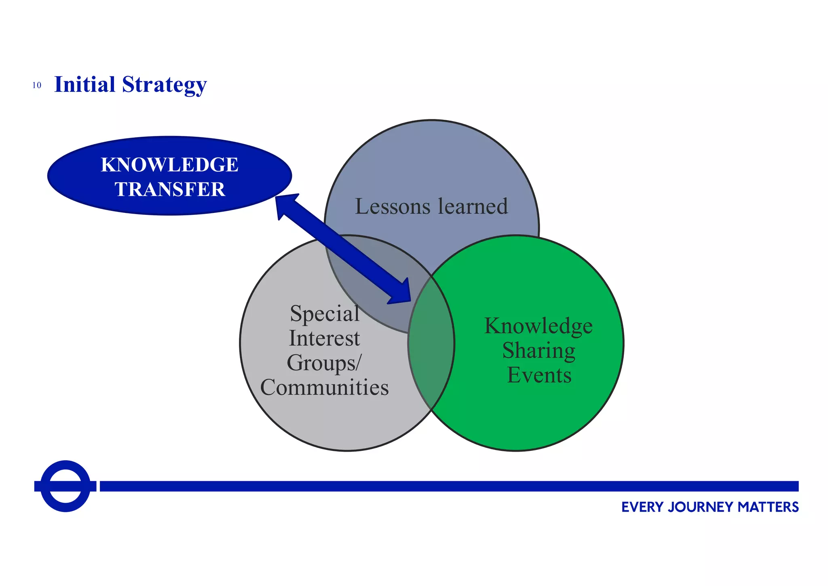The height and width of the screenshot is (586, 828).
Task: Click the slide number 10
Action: click(37, 85)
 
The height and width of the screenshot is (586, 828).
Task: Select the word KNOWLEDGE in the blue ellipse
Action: click(169, 165)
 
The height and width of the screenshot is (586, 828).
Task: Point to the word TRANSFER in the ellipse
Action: click(170, 189)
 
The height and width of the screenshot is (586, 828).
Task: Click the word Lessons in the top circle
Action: click(393, 206)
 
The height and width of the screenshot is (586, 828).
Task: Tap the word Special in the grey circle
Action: click(324, 314)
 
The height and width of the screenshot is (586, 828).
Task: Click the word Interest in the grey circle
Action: click(324, 338)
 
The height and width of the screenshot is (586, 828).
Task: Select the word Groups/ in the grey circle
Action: click(324, 363)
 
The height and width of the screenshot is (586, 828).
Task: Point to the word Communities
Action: click(324, 388)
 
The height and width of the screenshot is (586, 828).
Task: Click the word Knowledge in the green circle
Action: click(539, 326)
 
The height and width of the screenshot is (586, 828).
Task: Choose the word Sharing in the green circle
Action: click(539, 350)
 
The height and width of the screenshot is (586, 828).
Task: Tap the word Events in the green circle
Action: click(539, 375)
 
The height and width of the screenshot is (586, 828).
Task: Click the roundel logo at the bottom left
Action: click(65, 486)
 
